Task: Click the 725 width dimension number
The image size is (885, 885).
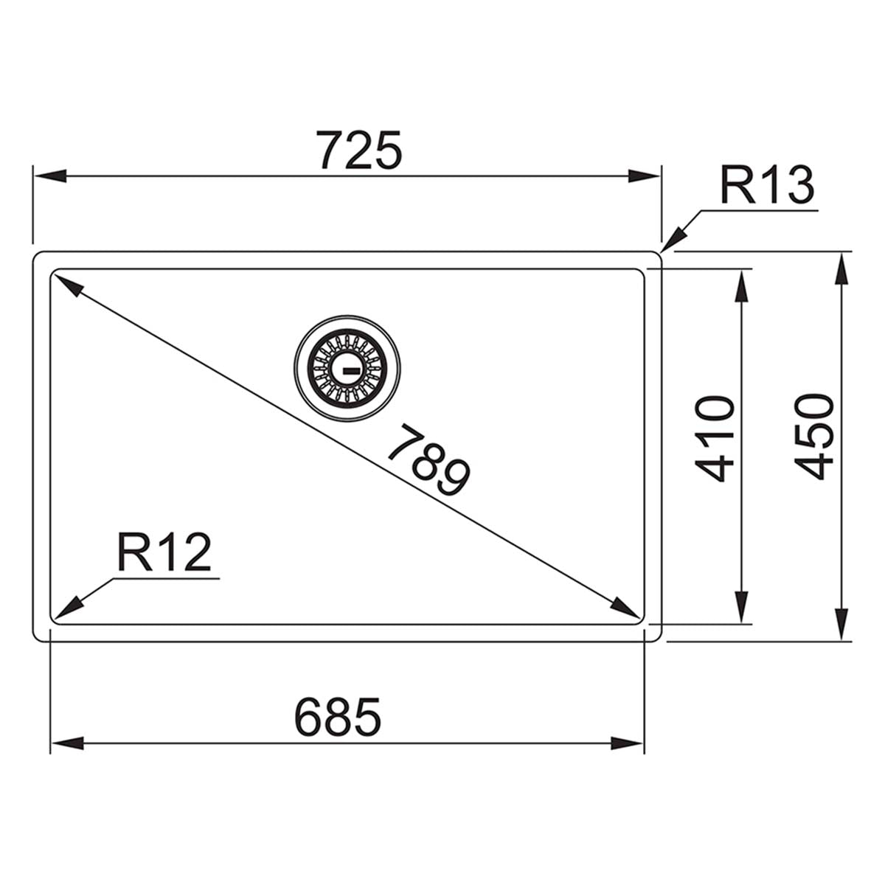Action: [x=359, y=150]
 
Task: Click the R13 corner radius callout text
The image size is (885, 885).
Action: [x=766, y=186]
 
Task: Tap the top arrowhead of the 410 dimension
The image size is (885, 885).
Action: [x=742, y=285]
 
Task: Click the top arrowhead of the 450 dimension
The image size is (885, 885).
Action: [x=842, y=268]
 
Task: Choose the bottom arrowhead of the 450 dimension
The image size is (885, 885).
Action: [x=842, y=623]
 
